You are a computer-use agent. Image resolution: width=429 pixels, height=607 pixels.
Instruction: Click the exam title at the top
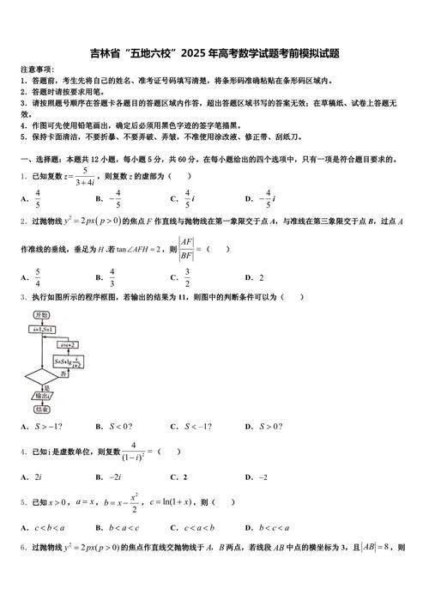214,53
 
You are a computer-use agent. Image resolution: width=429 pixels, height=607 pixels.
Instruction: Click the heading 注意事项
37,69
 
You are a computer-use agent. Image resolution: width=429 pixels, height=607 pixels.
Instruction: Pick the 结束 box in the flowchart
40,410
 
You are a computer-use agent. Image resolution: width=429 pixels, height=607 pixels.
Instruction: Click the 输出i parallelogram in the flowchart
40,396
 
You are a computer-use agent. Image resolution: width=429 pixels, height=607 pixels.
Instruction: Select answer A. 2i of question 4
33,476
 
